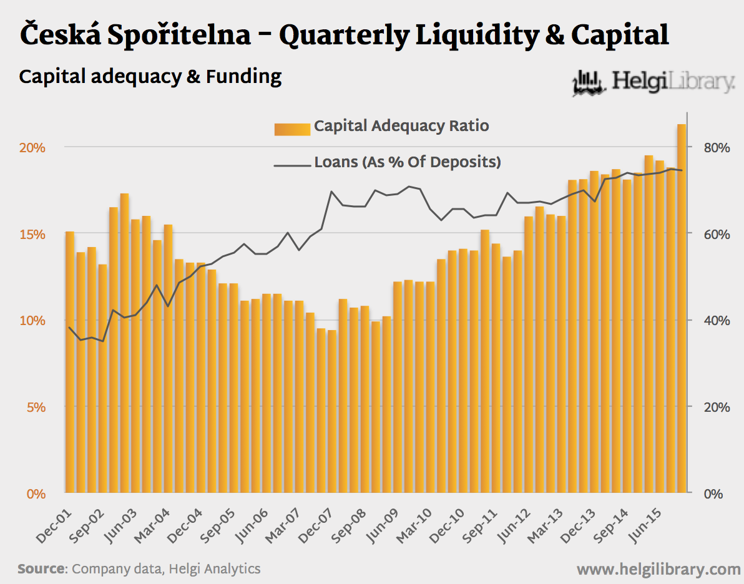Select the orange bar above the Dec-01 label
click(x=70, y=362)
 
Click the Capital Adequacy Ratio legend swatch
click(x=292, y=129)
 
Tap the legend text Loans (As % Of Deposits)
click(x=408, y=162)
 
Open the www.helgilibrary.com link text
click(x=658, y=569)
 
